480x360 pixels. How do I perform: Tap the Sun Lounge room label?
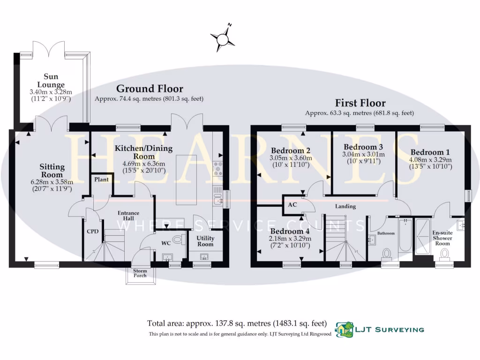tap(54, 80)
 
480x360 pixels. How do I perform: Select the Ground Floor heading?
tap(150, 89)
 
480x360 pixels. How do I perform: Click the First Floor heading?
tap(360, 103)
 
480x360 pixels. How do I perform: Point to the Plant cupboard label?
tap(101, 180)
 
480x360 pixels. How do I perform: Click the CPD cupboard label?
tap(91, 231)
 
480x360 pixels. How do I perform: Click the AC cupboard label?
tap(292, 205)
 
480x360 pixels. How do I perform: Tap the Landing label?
tap(345, 206)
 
